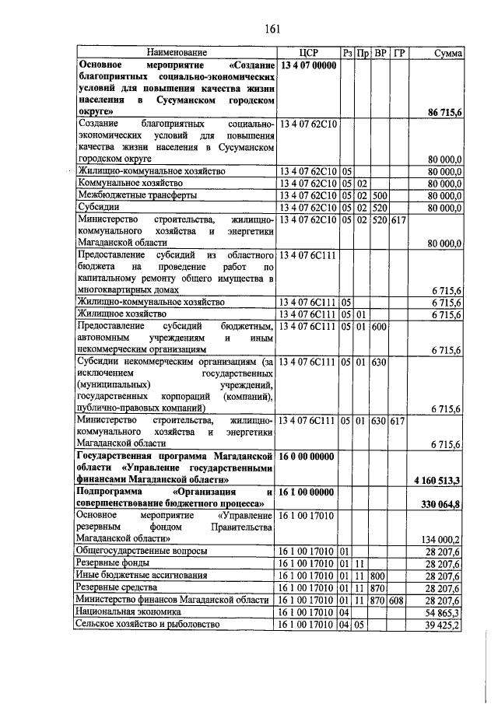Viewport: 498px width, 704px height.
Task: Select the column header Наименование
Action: point(176,53)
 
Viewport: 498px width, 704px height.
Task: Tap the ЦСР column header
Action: point(308,53)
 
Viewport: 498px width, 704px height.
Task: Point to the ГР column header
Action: point(398,53)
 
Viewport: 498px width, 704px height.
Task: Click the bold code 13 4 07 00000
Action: point(307,65)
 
